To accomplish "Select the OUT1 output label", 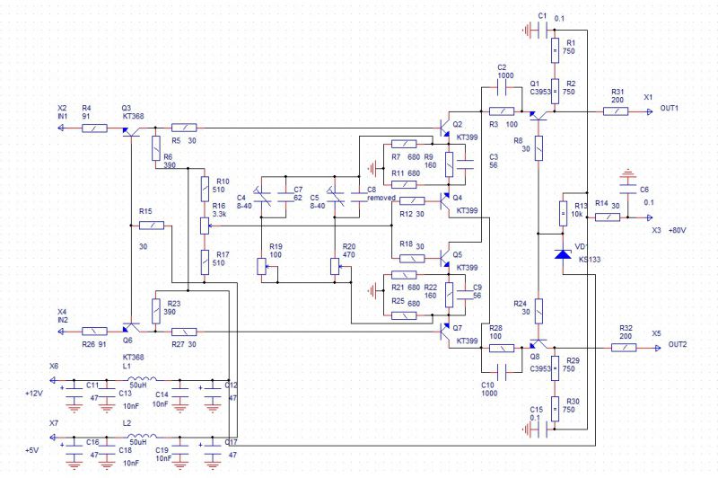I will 670,109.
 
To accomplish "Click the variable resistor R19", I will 262,266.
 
